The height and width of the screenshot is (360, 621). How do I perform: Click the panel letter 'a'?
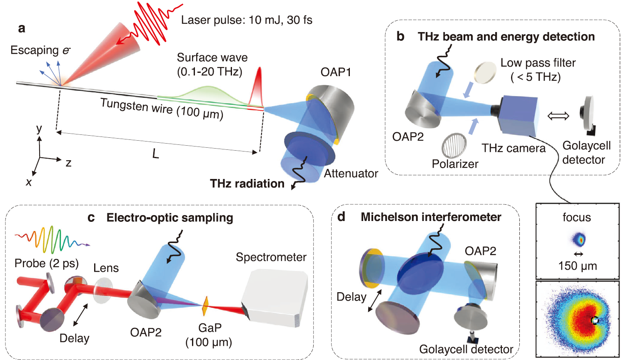click(22, 28)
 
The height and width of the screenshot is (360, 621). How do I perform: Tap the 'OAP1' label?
click(336, 72)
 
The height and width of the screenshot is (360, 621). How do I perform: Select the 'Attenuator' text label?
click(351, 174)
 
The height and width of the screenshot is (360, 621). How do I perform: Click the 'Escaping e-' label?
click(40, 50)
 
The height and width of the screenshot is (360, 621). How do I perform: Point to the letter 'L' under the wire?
click(155, 154)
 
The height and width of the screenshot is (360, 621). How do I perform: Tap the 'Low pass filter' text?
click(538, 63)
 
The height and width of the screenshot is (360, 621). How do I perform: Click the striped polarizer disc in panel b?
click(454, 145)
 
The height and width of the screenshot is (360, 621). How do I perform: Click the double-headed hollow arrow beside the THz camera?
click(558, 116)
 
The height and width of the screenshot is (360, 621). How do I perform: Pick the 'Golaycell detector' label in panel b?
click(586, 153)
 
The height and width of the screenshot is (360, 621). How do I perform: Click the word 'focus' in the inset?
click(576, 217)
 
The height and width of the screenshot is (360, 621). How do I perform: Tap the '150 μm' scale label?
click(577, 266)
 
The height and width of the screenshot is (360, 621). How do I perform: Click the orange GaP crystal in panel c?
click(205, 305)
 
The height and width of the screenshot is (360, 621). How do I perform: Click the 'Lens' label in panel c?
click(106, 268)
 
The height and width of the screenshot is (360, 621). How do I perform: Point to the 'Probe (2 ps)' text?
click(47, 263)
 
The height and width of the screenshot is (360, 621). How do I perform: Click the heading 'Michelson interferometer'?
click(431, 217)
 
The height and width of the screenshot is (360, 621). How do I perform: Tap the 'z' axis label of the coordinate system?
click(68, 163)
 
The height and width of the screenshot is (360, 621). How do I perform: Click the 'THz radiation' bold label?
click(247, 184)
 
